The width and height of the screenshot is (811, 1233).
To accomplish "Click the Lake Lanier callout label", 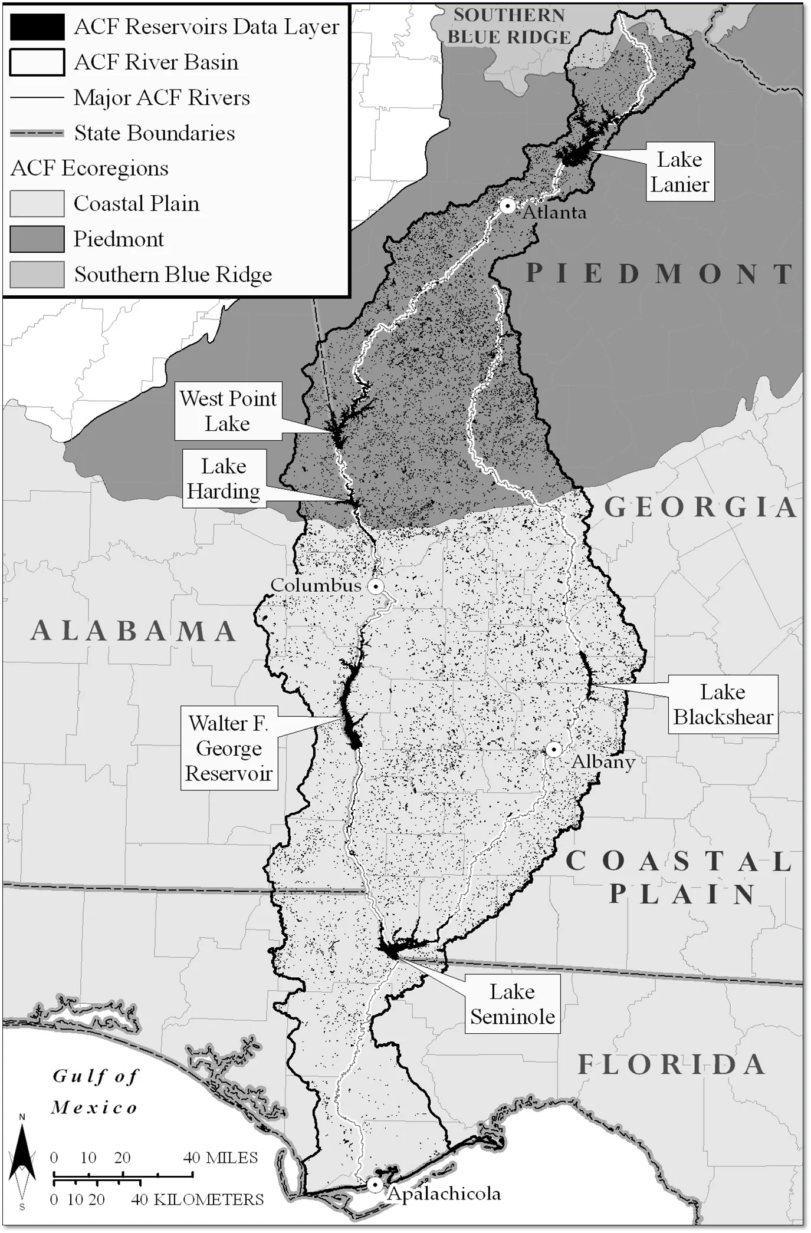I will (679, 172).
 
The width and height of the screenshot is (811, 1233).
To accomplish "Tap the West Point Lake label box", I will (228, 411).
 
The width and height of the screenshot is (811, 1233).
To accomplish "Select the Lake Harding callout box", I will (224, 479).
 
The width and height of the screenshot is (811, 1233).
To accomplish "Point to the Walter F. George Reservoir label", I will (229, 748).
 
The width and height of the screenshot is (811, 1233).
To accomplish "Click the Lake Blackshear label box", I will (723, 704).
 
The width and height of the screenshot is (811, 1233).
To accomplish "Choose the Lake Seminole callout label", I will (512, 1004).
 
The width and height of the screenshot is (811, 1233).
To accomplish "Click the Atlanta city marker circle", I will (507, 206).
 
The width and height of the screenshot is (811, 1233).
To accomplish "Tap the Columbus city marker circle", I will (376, 586).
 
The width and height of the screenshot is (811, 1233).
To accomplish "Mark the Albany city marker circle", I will (553, 749).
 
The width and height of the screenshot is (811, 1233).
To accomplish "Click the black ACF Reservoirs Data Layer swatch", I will (37, 27).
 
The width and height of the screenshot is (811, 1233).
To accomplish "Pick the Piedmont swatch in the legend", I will (37, 239).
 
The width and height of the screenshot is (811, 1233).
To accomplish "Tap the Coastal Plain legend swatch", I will (37, 204).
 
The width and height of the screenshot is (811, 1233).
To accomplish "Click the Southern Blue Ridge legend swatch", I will (37, 275).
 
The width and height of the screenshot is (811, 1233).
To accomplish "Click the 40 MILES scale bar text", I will (220, 1158).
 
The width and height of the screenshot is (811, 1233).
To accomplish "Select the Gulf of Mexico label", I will (95, 1092).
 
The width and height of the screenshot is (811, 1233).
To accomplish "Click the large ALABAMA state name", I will (134, 631).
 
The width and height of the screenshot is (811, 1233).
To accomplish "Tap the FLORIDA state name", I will (671, 1065).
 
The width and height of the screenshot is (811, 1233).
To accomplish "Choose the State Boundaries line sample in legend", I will (37, 133).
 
